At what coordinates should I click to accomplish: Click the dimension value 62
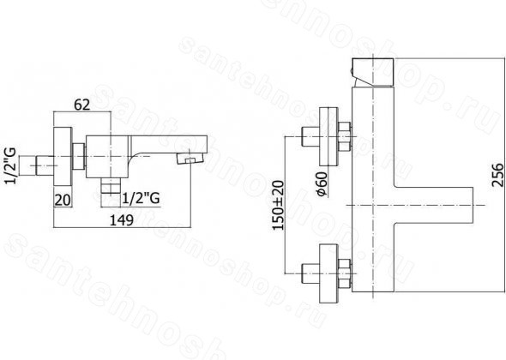click(x=82, y=105)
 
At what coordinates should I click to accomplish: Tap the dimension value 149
click(x=122, y=220)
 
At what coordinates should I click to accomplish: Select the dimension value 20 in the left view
click(x=63, y=200)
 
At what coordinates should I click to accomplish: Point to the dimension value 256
click(x=497, y=175)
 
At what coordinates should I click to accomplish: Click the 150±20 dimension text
click(x=278, y=205)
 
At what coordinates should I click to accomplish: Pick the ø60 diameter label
click(x=322, y=184)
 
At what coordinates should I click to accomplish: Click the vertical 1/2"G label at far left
click(x=11, y=165)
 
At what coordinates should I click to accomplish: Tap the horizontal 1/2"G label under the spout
click(x=141, y=198)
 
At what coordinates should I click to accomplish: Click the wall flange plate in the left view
click(x=63, y=157)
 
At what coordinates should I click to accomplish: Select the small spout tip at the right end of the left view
click(x=190, y=159)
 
